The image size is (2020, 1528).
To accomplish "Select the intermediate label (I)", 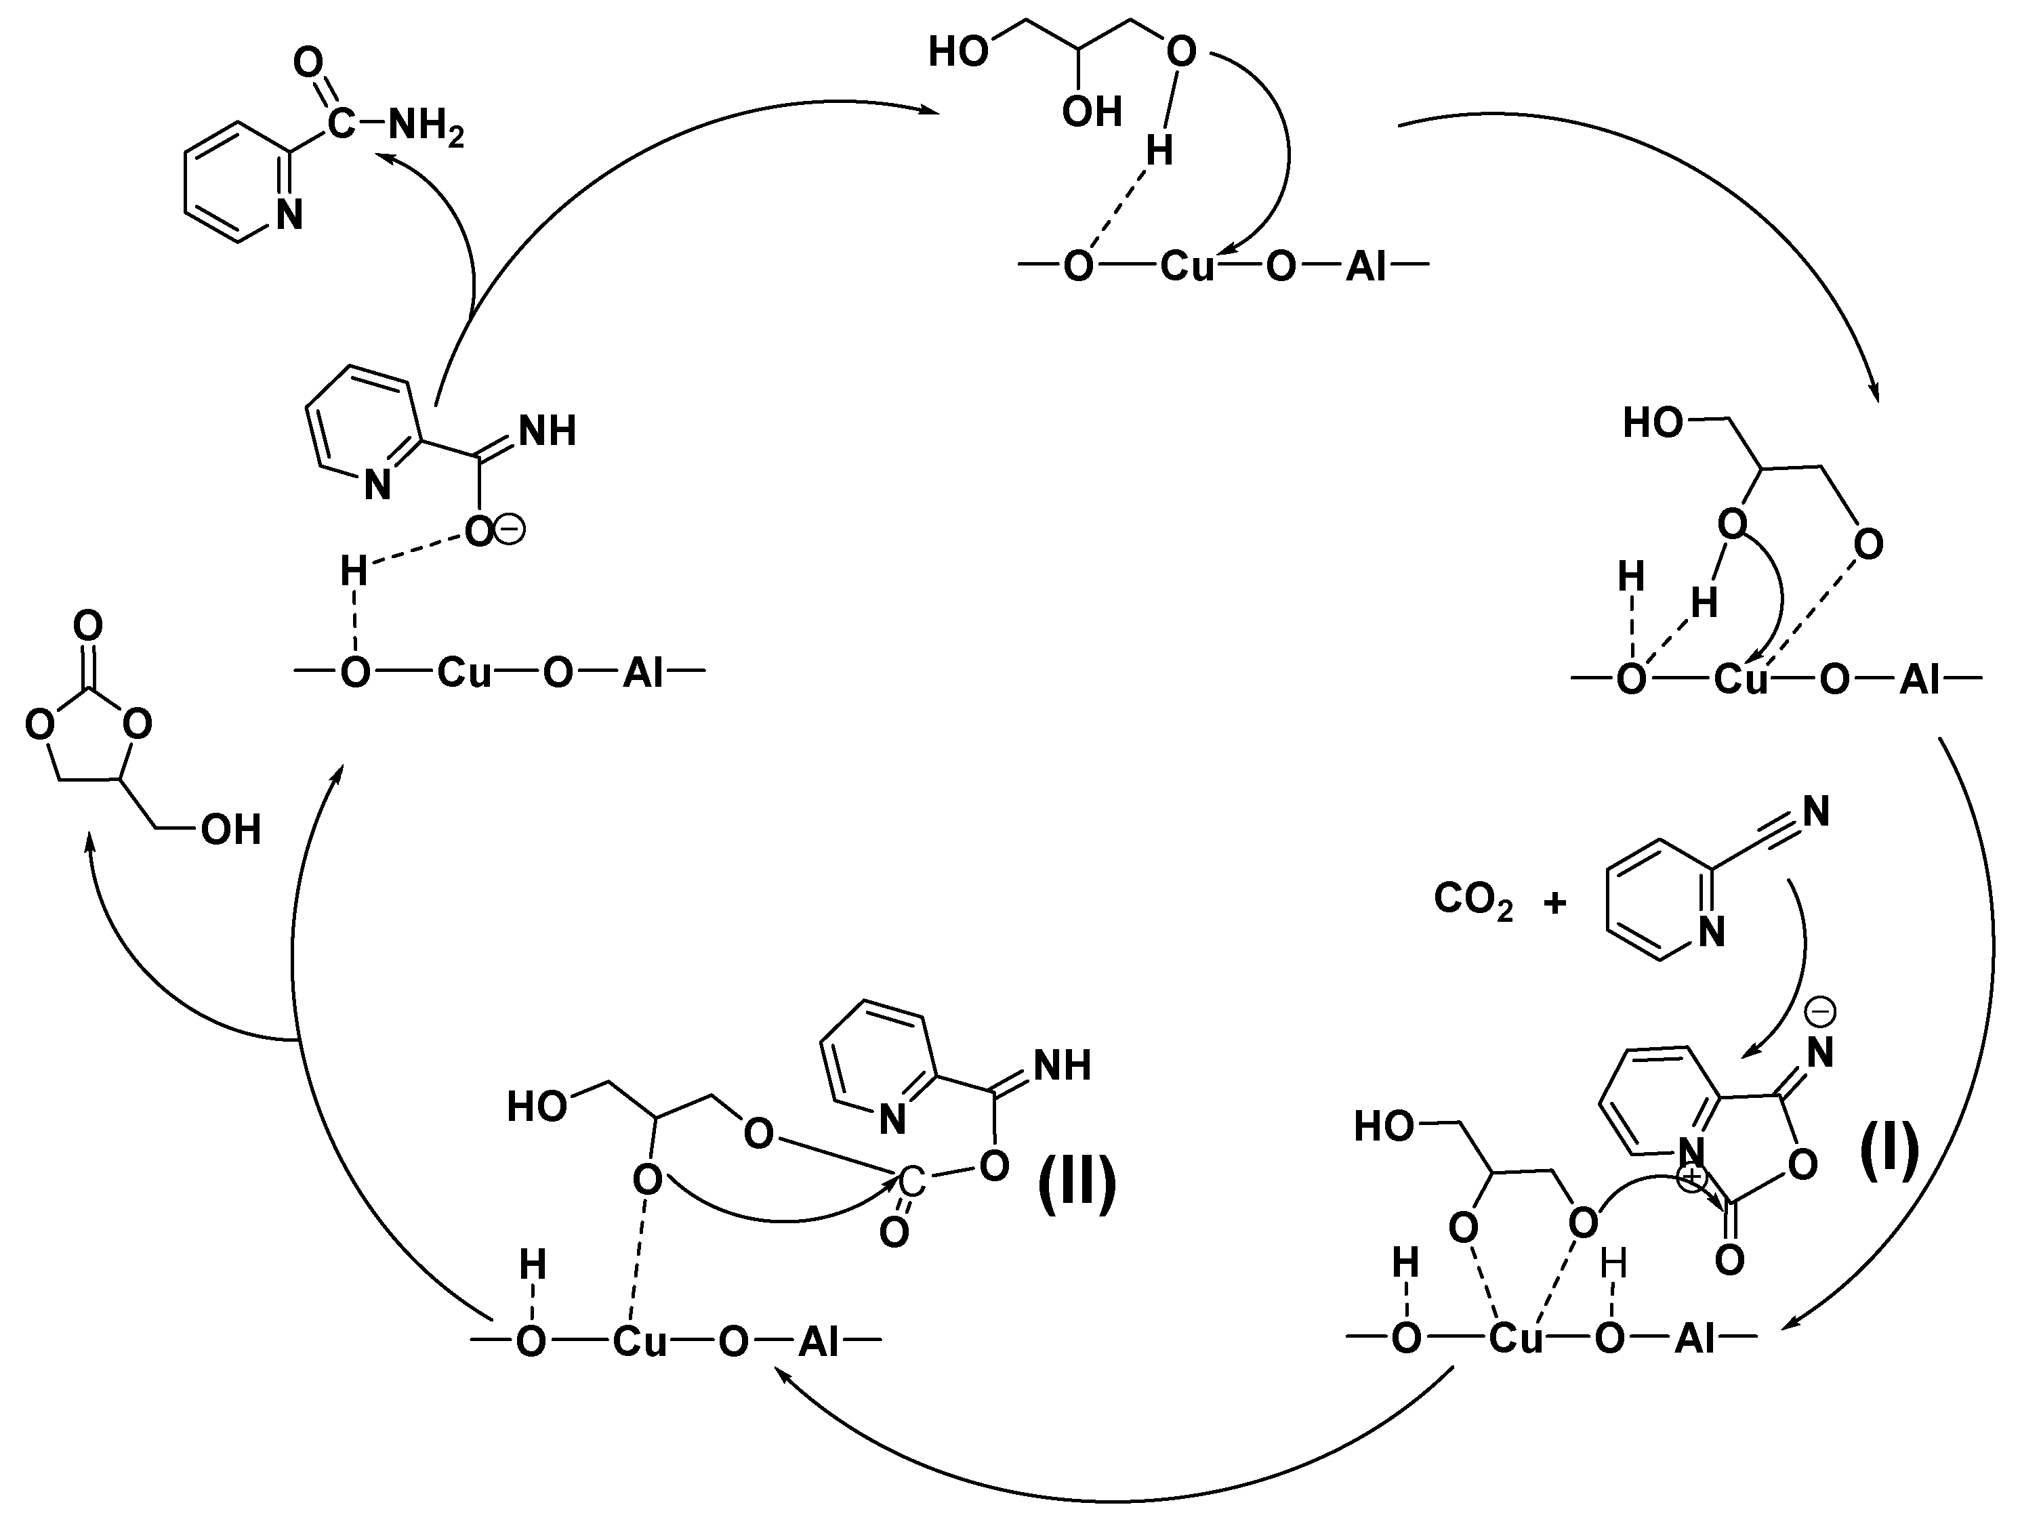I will pyautogui.click(x=1889, y=1152).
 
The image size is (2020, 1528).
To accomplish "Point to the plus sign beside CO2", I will pyautogui.click(x=1554, y=904).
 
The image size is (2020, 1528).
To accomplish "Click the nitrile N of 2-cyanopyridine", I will pyautogui.click(x=1816, y=811).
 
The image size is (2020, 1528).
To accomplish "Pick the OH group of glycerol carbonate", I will pyautogui.click(x=231, y=830).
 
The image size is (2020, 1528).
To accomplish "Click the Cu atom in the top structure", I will pyautogui.click(x=1187, y=267).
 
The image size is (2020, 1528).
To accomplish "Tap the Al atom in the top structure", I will pyautogui.click(x=1365, y=267).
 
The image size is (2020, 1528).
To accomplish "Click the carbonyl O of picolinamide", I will pyautogui.click(x=309, y=64).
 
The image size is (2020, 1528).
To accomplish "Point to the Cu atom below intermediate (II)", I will pyautogui.click(x=639, y=1341).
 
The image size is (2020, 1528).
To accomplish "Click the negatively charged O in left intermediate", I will pyautogui.click(x=478, y=531).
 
